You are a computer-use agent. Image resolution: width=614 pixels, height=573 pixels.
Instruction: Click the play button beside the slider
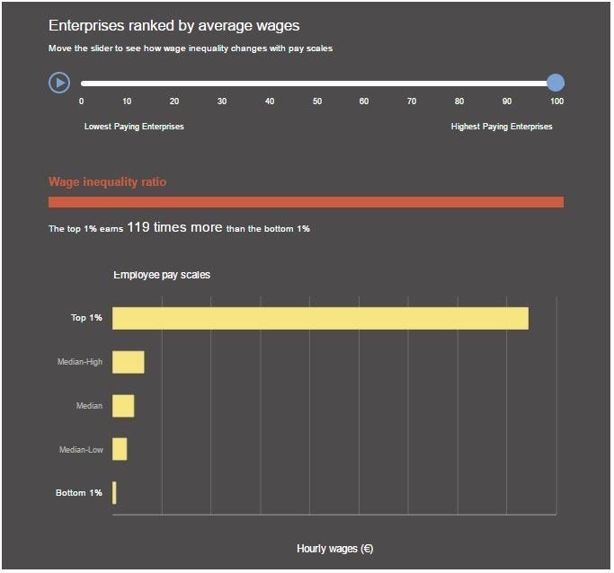59,83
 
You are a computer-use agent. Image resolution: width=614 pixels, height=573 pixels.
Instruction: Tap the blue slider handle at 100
556,83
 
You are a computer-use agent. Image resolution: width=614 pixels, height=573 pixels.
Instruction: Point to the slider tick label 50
317,101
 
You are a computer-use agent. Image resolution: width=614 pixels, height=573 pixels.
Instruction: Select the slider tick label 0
82,101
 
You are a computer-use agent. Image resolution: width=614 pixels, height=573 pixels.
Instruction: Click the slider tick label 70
412,101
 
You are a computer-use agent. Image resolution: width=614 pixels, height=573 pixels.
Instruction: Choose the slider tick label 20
174,101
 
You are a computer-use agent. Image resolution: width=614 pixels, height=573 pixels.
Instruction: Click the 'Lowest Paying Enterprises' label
134,127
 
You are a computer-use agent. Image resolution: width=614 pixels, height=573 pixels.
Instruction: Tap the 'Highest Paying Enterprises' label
502,127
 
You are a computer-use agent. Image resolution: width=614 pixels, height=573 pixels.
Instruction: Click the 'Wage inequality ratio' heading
107,182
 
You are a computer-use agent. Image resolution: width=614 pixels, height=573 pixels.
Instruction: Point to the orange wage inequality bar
306,202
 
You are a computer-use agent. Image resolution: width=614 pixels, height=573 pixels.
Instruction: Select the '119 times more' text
174,228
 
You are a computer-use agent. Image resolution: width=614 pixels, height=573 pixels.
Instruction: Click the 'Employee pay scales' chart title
162,275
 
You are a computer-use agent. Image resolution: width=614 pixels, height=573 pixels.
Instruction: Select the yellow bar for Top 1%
320,318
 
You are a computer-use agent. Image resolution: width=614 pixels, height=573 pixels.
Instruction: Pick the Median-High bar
128,362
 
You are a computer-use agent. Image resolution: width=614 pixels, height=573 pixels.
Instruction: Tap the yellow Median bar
123,406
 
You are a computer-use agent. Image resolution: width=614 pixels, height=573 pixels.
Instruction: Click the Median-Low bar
120,449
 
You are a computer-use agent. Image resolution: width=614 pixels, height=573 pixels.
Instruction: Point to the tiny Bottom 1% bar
114,493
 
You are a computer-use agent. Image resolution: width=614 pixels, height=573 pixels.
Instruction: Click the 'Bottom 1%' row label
79,493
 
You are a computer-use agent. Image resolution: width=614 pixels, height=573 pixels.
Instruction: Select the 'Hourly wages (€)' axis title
334,549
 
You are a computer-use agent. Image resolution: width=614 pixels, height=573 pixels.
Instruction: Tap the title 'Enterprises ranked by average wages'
174,26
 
